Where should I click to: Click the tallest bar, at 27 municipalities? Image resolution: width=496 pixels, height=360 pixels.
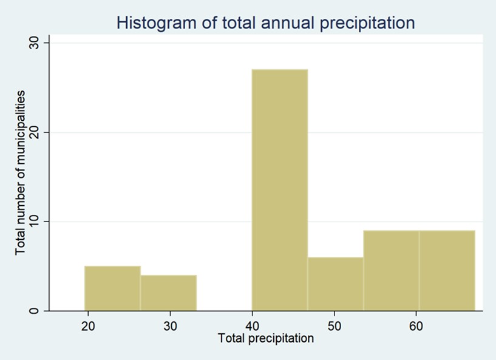tap(279, 189)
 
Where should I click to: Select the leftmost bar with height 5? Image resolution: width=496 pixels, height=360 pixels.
tap(112, 288)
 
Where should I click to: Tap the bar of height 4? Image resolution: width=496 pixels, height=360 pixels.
tap(168, 293)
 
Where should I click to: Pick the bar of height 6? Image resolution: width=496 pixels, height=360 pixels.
tap(335, 284)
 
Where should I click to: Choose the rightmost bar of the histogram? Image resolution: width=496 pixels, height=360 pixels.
tap(447, 271)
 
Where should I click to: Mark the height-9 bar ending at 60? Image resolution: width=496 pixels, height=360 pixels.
tap(391, 271)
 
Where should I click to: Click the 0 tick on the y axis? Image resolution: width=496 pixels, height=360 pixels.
tap(34, 311)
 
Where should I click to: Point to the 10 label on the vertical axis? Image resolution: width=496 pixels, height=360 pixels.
tap(34, 222)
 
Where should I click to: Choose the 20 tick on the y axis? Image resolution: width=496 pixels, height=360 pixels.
tap(34, 132)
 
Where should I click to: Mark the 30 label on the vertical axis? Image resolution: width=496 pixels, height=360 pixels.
tap(34, 43)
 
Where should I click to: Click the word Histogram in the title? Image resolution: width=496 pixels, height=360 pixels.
tap(153, 23)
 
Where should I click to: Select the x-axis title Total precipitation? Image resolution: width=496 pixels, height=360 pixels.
tap(266, 338)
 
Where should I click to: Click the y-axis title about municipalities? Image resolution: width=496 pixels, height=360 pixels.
tap(21, 173)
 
